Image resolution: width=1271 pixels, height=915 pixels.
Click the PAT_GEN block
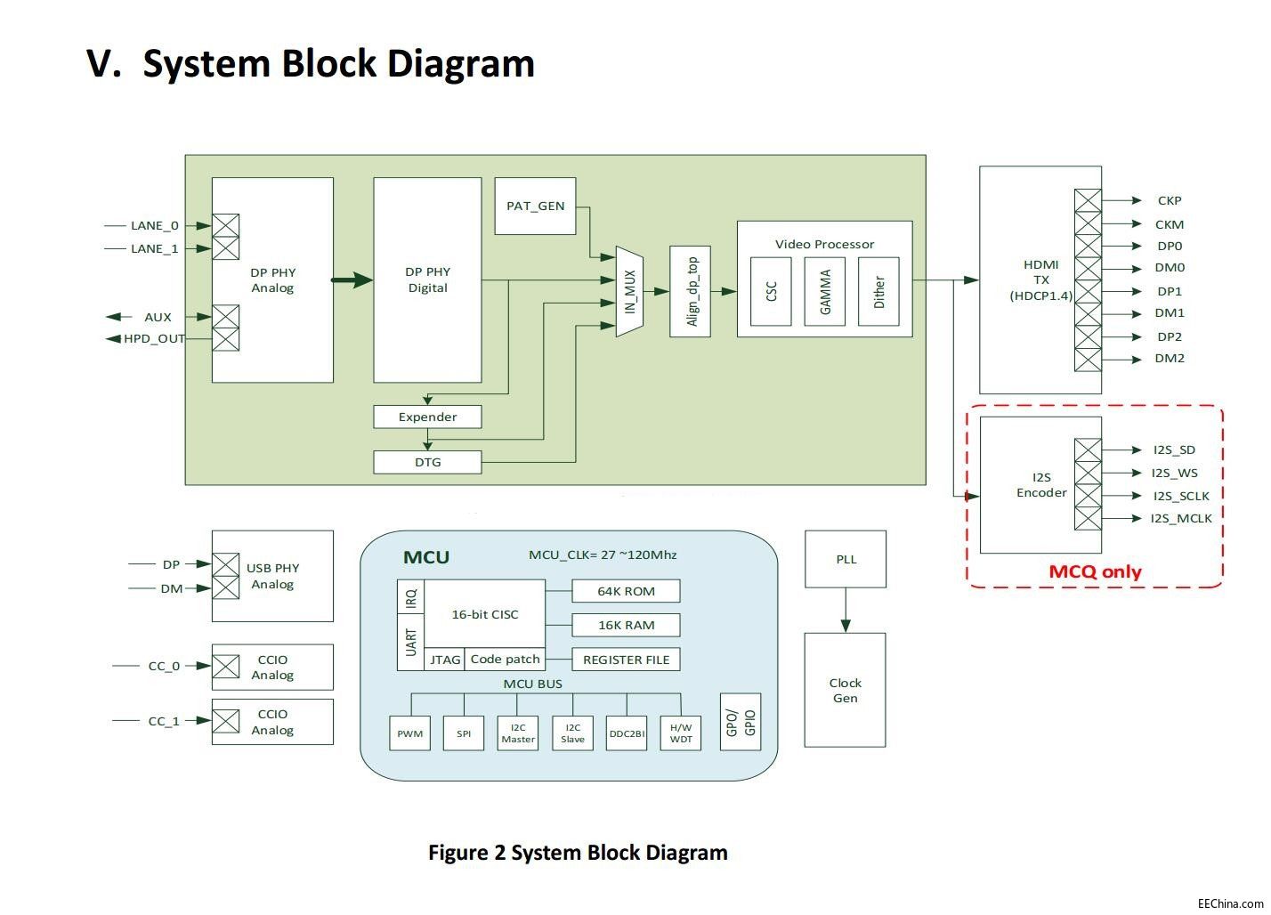(x=535, y=206)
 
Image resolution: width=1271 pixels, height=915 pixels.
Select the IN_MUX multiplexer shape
(x=629, y=291)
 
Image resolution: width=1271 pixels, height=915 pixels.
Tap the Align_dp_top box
(x=690, y=291)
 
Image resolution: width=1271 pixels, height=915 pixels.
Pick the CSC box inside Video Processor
(x=771, y=291)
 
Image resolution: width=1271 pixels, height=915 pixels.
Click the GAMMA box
(x=824, y=291)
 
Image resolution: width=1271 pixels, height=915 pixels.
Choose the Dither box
(x=878, y=291)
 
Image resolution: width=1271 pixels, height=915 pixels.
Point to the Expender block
(x=427, y=417)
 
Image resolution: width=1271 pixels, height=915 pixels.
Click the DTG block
(x=427, y=462)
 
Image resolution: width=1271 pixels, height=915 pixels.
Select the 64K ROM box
(x=626, y=591)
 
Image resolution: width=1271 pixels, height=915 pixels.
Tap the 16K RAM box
(x=626, y=625)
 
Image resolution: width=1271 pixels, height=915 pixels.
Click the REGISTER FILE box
(x=626, y=660)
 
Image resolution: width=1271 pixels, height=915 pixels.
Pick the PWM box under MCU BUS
(x=410, y=733)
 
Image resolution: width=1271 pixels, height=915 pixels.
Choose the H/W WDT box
(x=681, y=733)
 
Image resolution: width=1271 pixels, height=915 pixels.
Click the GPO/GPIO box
(x=741, y=722)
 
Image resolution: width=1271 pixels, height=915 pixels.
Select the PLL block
(x=846, y=559)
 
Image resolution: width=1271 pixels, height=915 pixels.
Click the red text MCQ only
(x=1095, y=571)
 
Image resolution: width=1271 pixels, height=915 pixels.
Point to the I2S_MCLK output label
(x=1180, y=518)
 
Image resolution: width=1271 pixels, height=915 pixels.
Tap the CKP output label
(x=1170, y=200)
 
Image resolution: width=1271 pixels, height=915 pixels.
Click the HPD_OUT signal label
(x=154, y=338)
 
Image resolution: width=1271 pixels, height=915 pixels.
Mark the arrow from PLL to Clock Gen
(x=846, y=611)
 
